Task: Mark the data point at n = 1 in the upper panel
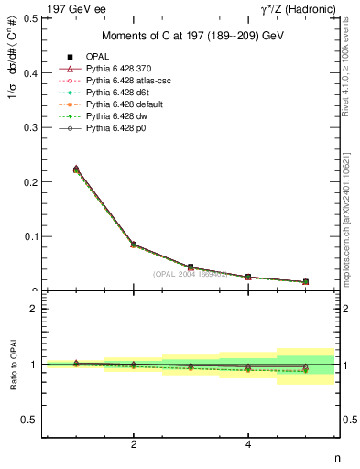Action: point(76,169)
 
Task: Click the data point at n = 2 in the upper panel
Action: point(134,245)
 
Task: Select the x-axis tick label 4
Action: point(248,445)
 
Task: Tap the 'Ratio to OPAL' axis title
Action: point(13,365)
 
